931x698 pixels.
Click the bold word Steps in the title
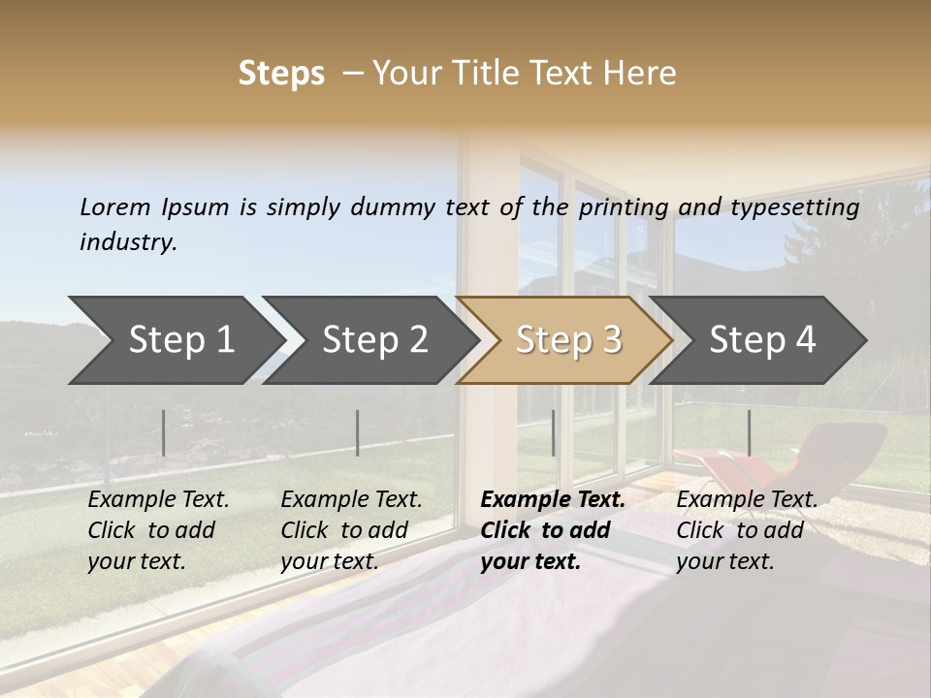(281, 74)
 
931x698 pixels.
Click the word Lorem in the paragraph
(115, 206)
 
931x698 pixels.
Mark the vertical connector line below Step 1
(163, 432)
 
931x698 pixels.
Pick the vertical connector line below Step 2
(358, 432)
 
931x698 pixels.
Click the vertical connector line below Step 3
(553, 432)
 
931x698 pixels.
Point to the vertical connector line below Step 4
(749, 432)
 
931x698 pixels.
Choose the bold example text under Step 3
(552, 530)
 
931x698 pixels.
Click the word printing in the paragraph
(625, 206)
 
